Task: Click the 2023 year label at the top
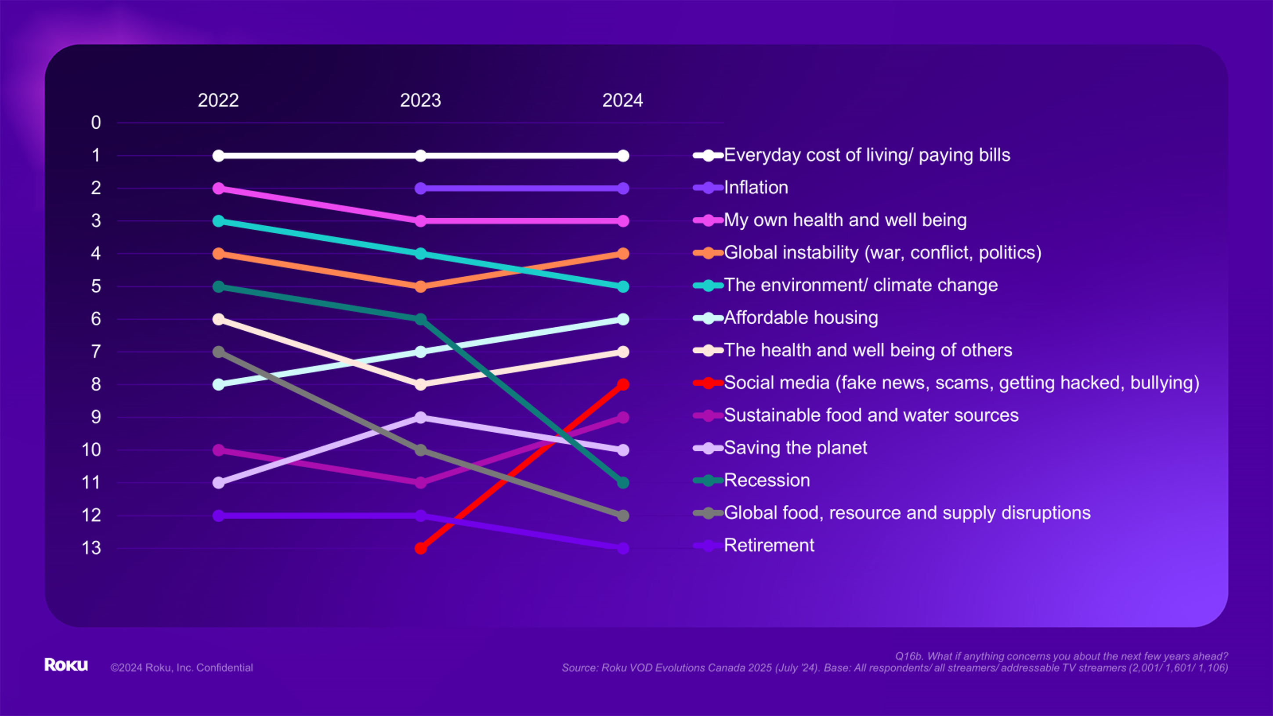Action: click(x=420, y=100)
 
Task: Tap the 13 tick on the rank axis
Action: click(x=91, y=548)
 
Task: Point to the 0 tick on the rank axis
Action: click(x=96, y=123)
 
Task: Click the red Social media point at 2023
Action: click(x=420, y=548)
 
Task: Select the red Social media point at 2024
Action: click(x=623, y=384)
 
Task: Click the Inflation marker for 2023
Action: click(x=420, y=188)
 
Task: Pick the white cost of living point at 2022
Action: click(x=218, y=155)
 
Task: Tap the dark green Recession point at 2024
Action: click(x=623, y=482)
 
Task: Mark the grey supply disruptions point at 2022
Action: click(x=218, y=352)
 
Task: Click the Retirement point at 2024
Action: click(x=623, y=548)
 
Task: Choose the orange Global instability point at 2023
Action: click(x=420, y=286)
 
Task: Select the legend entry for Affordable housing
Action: click(x=800, y=318)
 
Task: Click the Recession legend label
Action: click(x=767, y=480)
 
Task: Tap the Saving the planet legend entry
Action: click(x=795, y=448)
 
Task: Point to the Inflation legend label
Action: click(x=756, y=188)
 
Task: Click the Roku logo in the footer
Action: click(x=66, y=665)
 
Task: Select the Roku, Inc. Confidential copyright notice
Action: click(x=181, y=668)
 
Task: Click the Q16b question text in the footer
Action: click(x=1061, y=656)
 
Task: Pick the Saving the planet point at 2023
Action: click(x=420, y=418)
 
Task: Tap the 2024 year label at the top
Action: click(x=622, y=100)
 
